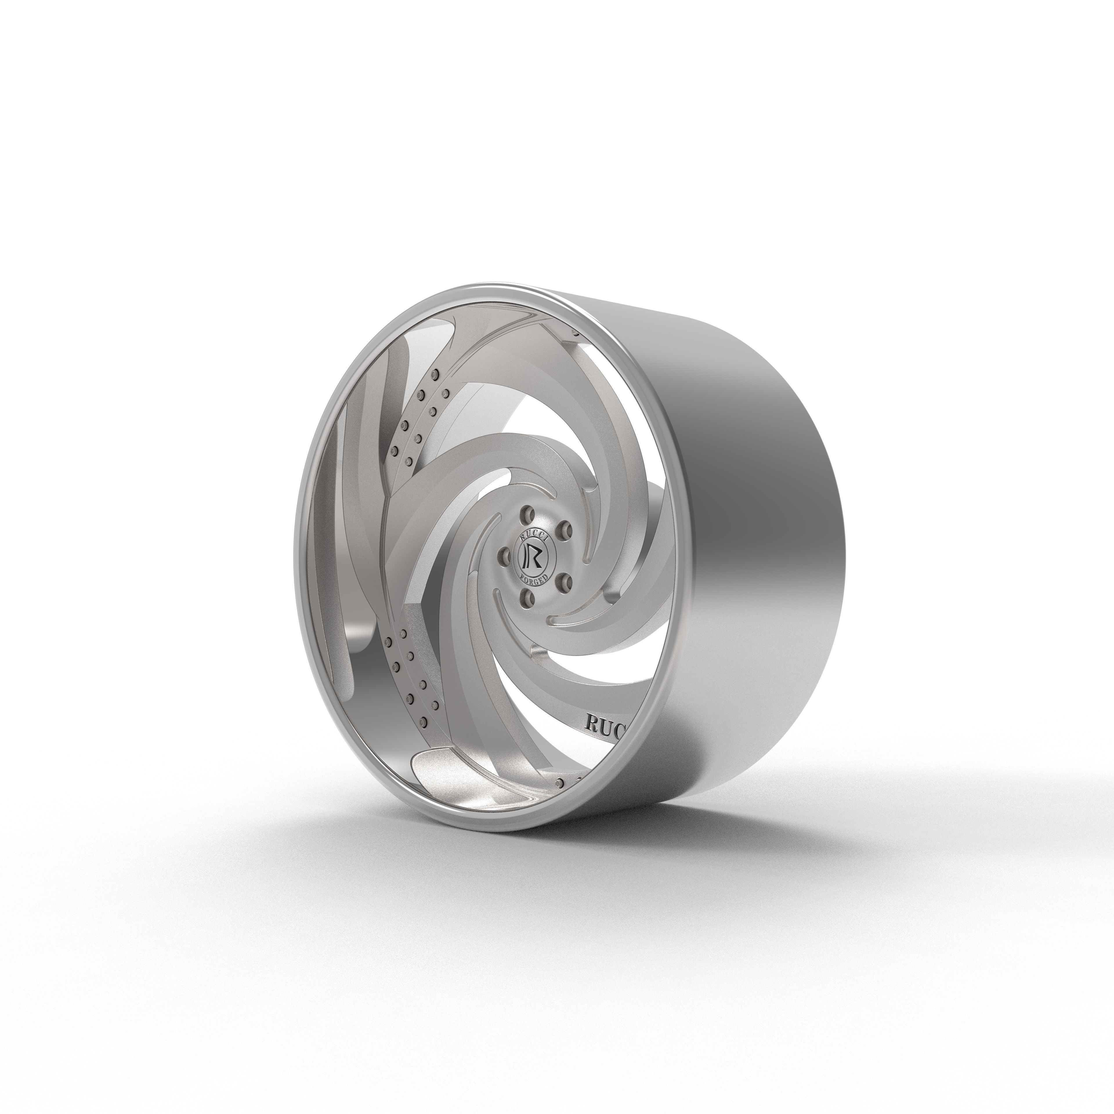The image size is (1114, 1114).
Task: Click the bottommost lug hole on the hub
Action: tap(527, 598)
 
